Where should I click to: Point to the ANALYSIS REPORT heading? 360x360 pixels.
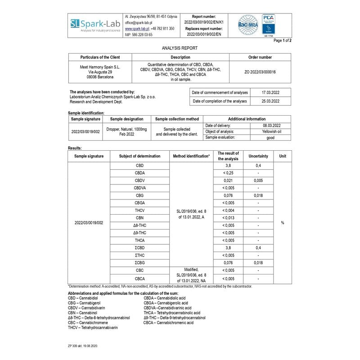[180, 48]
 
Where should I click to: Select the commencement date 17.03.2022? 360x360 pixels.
[271, 93]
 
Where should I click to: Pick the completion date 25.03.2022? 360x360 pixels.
[271, 101]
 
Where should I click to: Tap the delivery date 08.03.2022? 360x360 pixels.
[272, 125]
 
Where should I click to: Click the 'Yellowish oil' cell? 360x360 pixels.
[272, 131]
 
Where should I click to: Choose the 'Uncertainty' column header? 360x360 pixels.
[258, 156]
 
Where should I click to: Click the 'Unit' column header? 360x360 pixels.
[283, 156]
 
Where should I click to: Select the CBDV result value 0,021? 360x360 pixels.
[228, 180]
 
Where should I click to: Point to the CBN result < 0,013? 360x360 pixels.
[228, 218]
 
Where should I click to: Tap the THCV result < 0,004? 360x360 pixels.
[228, 210]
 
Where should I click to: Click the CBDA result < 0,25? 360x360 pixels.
[228, 173]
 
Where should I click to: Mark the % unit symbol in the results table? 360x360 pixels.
[283, 223]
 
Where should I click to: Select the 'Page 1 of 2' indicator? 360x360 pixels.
[283, 40]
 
